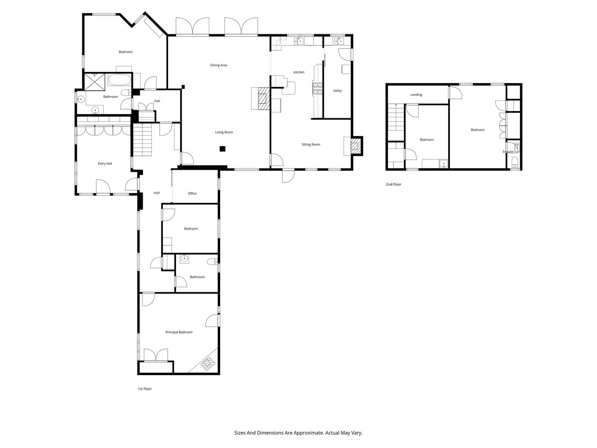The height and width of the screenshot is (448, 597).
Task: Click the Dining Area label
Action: click(219, 65)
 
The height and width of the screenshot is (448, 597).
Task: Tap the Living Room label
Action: click(224, 132)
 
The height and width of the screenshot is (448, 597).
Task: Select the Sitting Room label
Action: click(311, 145)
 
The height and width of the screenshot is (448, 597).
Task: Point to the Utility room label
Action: click(337, 91)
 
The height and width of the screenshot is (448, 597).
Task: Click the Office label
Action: click(192, 194)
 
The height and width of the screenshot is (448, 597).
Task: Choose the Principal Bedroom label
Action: click(179, 332)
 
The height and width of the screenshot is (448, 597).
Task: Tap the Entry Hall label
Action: click(105, 164)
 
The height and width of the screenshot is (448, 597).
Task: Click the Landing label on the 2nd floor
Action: click(416, 95)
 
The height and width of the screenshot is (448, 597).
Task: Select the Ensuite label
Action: click(508, 152)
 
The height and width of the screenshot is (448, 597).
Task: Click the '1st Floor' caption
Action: click(145, 389)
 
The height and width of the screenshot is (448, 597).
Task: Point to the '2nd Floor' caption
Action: click(393, 185)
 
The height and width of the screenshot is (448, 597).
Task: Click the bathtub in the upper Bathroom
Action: click(119, 80)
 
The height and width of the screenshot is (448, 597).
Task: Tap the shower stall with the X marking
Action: click(95, 82)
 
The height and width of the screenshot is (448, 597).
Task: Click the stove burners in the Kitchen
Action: click(317, 88)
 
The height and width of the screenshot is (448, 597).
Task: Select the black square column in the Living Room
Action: click(222, 149)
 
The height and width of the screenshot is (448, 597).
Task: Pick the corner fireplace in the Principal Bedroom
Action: click(208, 364)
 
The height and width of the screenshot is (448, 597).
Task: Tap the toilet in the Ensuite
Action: click(515, 162)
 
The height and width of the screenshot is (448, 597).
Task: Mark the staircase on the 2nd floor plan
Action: click(396, 117)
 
